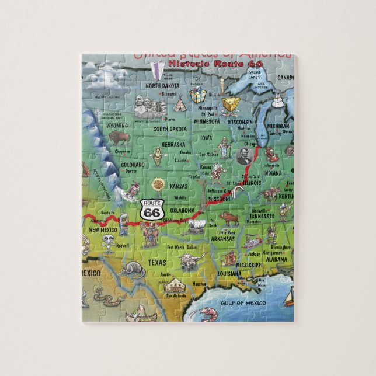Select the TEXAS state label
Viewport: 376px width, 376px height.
tap(156, 263)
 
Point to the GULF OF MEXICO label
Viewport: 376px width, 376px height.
tap(243, 303)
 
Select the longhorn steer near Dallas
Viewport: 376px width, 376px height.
tap(190, 259)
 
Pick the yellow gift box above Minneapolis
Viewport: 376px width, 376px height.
tap(198, 96)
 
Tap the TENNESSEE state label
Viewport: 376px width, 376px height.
tap(262, 215)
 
